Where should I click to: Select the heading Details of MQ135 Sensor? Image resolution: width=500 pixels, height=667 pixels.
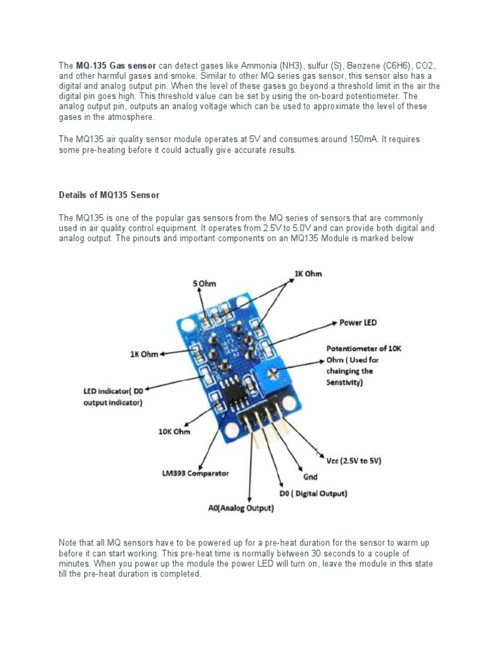(x=109, y=195)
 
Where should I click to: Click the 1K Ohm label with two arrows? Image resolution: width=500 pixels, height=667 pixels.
(x=308, y=274)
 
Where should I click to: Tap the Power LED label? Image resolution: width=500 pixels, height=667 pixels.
(x=358, y=322)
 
